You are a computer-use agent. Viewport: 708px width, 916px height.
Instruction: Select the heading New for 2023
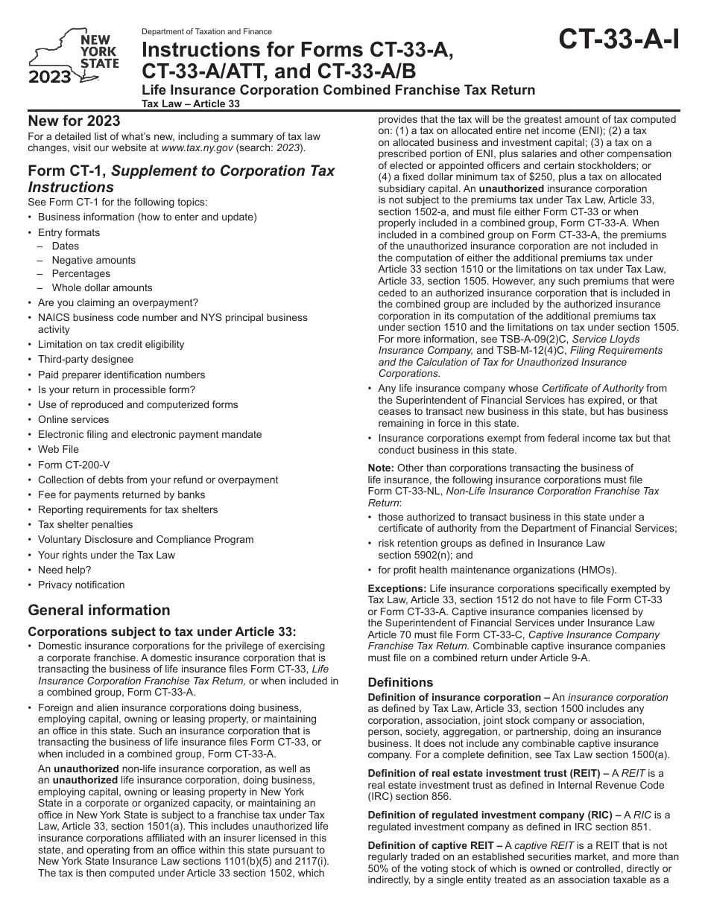74,121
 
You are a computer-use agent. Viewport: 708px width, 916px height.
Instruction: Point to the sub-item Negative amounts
94,260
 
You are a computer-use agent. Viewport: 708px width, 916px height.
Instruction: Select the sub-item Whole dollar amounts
102,287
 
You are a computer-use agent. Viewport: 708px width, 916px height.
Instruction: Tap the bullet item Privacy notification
81,585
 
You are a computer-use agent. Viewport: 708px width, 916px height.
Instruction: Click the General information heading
99,610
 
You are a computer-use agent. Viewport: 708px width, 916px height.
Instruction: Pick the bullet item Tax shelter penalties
85,524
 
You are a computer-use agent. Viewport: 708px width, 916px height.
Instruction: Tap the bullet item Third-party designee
86,360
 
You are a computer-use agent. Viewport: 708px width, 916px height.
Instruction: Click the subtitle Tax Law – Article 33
191,104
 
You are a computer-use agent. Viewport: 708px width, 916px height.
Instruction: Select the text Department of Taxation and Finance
206,32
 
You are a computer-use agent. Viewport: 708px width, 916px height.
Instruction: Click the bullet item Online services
73,419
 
